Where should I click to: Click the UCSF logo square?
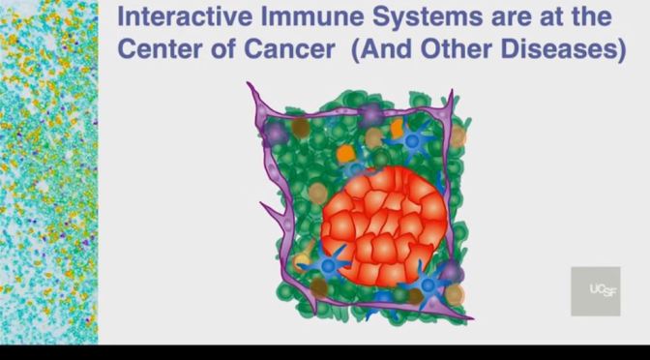coord(595,290)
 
